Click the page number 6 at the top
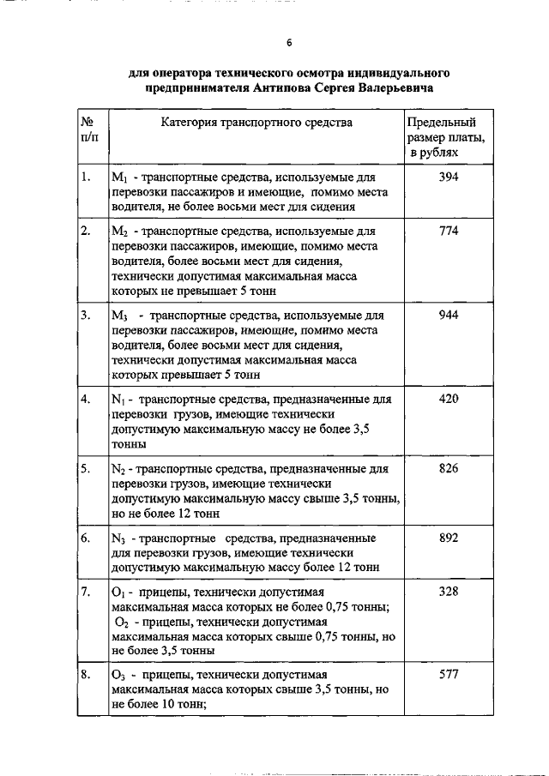289,43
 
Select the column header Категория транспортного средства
256,123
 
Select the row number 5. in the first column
86,469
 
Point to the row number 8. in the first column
86,675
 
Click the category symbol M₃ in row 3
120,316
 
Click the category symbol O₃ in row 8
119,676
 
